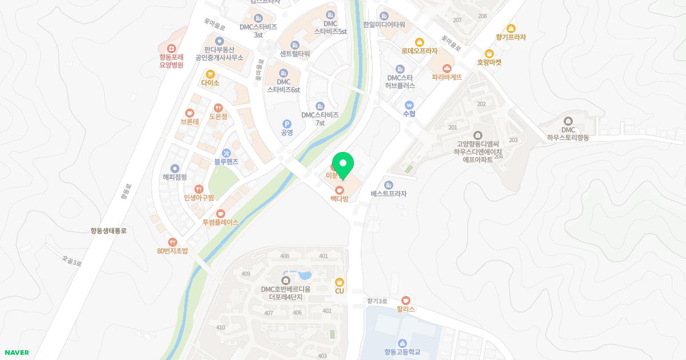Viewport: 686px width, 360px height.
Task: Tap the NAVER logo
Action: (x=16, y=353)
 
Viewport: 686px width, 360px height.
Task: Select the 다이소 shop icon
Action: (x=210, y=74)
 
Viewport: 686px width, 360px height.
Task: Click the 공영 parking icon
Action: (x=286, y=124)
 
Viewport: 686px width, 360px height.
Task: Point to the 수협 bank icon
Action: (x=409, y=105)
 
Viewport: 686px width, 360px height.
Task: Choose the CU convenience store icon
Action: (x=339, y=282)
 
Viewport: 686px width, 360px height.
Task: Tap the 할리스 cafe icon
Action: (x=405, y=300)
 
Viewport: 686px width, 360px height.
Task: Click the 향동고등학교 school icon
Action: (x=402, y=343)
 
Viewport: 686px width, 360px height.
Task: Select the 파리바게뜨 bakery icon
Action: (x=446, y=68)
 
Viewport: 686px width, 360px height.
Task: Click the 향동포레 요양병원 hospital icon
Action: (x=171, y=48)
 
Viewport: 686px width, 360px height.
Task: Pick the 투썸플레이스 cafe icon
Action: (x=220, y=213)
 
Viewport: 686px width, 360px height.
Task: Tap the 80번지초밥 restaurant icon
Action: (x=172, y=242)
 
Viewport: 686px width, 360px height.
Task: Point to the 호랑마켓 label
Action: (x=489, y=62)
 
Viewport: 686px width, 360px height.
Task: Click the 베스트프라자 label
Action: (x=388, y=194)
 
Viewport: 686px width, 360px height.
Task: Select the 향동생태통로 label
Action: (x=108, y=231)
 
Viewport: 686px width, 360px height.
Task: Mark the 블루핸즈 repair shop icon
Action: (x=226, y=153)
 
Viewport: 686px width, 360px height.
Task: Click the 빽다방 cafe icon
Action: (x=339, y=189)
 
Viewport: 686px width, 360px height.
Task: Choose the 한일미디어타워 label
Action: (x=384, y=25)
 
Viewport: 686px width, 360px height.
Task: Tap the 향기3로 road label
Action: (x=377, y=301)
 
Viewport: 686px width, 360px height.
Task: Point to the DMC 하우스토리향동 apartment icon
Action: (x=568, y=121)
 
